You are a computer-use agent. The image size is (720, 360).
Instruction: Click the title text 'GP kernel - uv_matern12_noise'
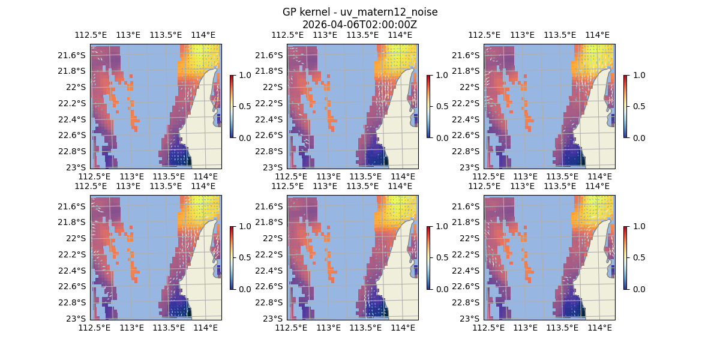tap(359, 12)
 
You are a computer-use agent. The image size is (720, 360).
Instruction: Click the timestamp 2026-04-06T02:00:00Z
tap(359, 25)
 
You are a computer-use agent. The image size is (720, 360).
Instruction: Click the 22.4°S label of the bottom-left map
tap(71, 270)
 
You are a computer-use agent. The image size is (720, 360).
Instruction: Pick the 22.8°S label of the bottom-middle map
tap(268, 302)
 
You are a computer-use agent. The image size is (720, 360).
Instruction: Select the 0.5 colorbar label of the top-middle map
tap(441, 106)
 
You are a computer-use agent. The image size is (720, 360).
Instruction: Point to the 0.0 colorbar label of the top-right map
tap(638, 137)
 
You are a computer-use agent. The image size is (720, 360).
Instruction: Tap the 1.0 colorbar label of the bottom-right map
tap(638, 226)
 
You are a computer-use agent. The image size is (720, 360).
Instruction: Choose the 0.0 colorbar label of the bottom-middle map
tap(441, 289)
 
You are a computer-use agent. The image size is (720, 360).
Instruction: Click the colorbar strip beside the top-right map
tap(625, 106)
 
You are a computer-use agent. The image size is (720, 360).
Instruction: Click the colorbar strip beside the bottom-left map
tap(232, 257)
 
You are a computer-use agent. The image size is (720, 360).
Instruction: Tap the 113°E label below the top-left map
tap(131, 176)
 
